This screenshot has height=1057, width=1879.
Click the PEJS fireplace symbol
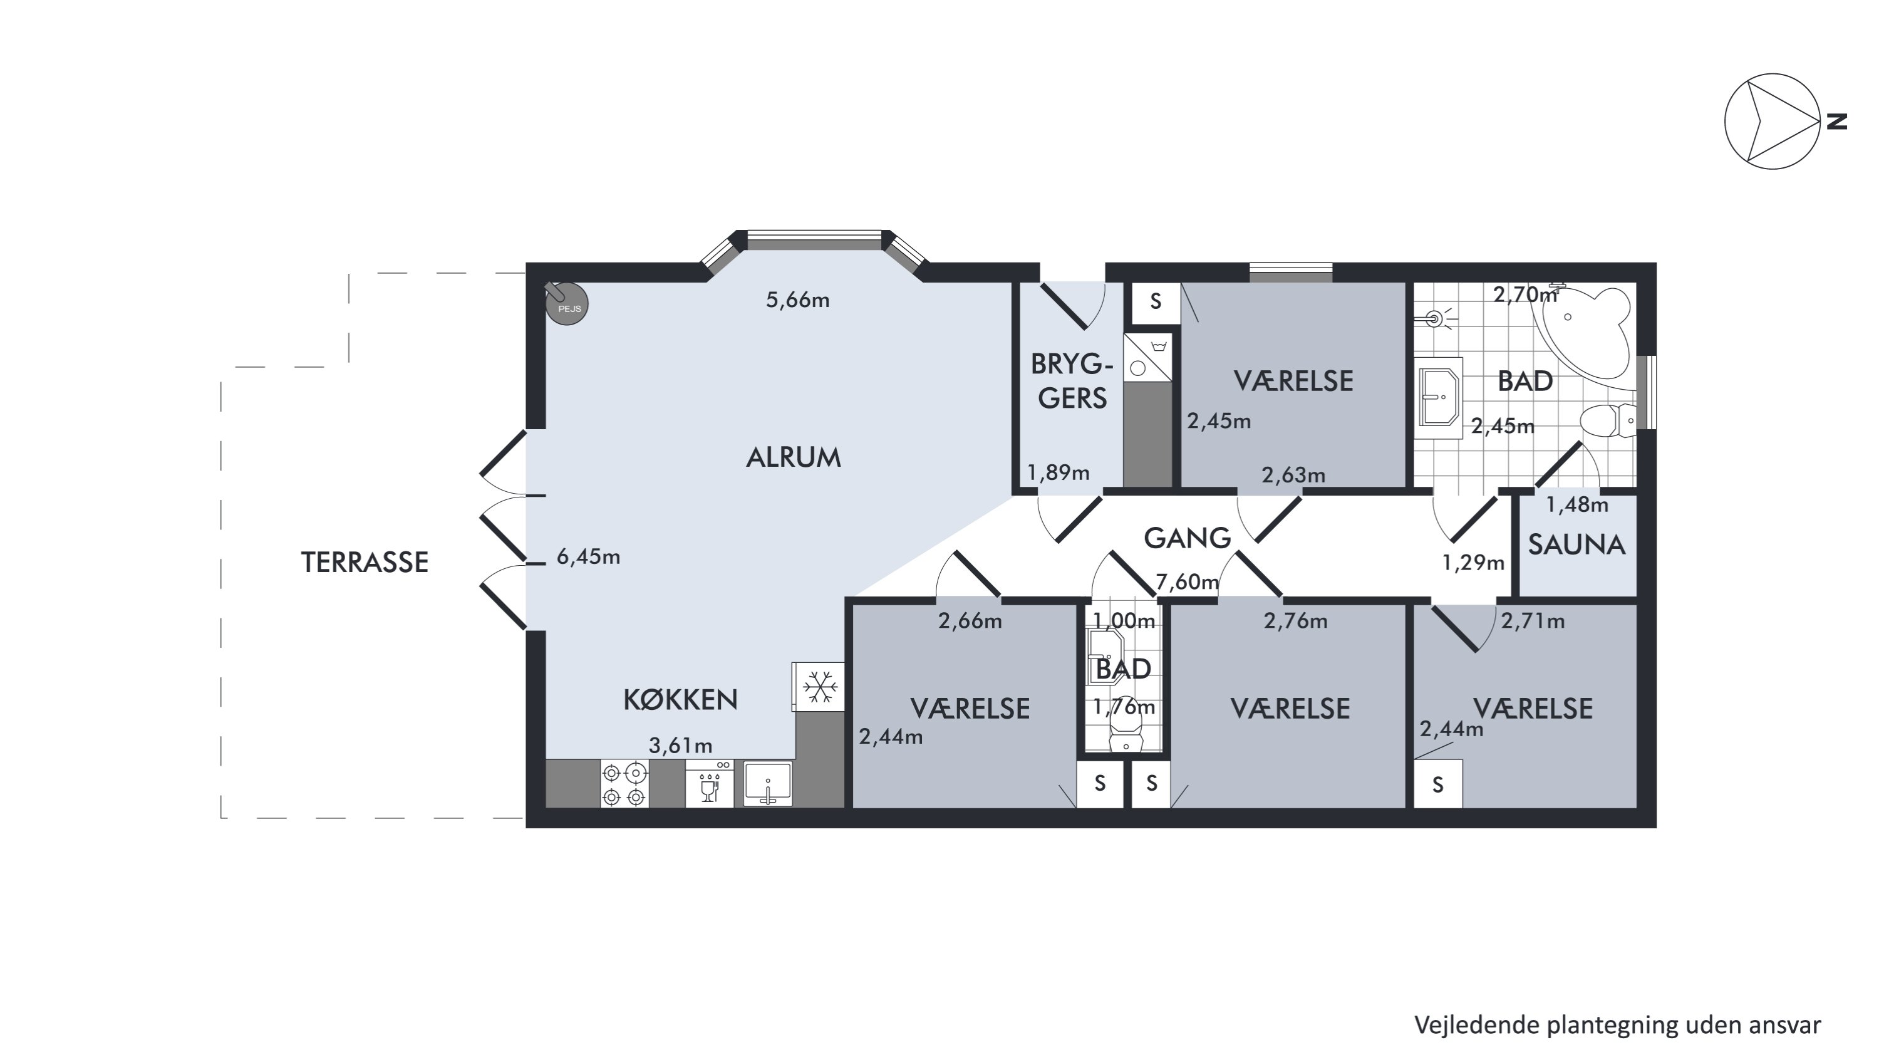(566, 303)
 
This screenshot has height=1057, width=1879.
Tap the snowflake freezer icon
(819, 687)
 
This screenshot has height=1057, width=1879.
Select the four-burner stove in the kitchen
(624, 783)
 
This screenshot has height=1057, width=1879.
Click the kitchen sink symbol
(767, 783)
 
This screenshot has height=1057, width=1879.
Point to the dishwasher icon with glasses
(709, 783)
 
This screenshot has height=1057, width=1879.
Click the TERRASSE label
(365, 563)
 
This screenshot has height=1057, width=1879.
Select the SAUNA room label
(1576, 545)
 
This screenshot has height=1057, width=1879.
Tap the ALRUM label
(794, 457)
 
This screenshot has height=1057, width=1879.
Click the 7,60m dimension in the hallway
(1188, 581)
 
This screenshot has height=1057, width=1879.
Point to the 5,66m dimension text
(798, 300)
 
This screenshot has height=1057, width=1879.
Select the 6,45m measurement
(589, 556)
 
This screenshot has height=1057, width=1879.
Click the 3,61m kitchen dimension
(681, 746)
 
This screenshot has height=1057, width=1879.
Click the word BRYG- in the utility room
(1072, 363)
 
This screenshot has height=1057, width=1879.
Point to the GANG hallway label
(1187, 538)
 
